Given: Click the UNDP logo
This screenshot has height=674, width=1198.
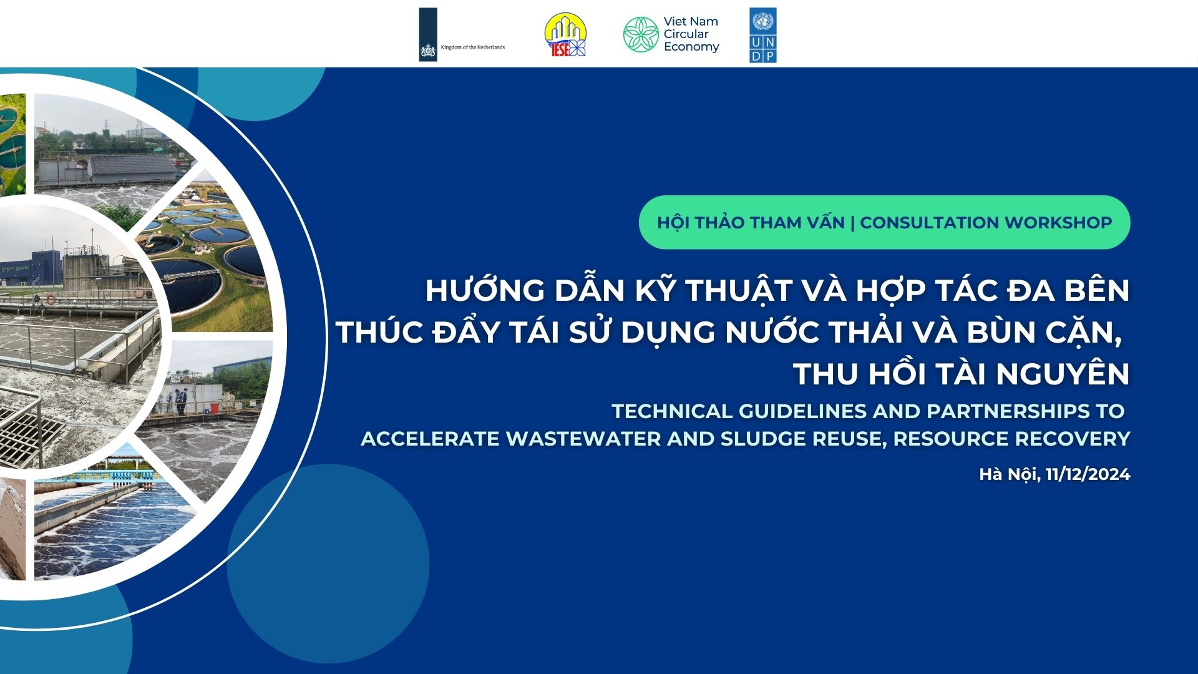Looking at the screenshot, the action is pyautogui.click(x=762, y=35).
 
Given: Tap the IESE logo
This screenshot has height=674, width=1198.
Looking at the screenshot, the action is pyautogui.click(x=565, y=35).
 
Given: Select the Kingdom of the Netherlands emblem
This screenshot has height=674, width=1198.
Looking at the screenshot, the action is pyautogui.click(x=428, y=34).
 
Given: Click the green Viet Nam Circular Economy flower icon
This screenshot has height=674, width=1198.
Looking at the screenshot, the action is pyautogui.click(x=641, y=35).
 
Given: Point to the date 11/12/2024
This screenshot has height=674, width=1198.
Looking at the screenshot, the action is pyautogui.click(x=1088, y=474).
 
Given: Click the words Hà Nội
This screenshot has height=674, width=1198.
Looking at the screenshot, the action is pyautogui.click(x=1008, y=474).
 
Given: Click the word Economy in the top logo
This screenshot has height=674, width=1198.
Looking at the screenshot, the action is pyautogui.click(x=691, y=47).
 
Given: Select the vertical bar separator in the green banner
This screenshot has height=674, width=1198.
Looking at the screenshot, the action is pyautogui.click(x=852, y=223).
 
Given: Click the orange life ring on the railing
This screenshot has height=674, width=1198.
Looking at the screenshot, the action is pyautogui.click(x=139, y=292).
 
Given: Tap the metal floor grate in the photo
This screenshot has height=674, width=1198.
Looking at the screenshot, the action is pyautogui.click(x=28, y=430).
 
